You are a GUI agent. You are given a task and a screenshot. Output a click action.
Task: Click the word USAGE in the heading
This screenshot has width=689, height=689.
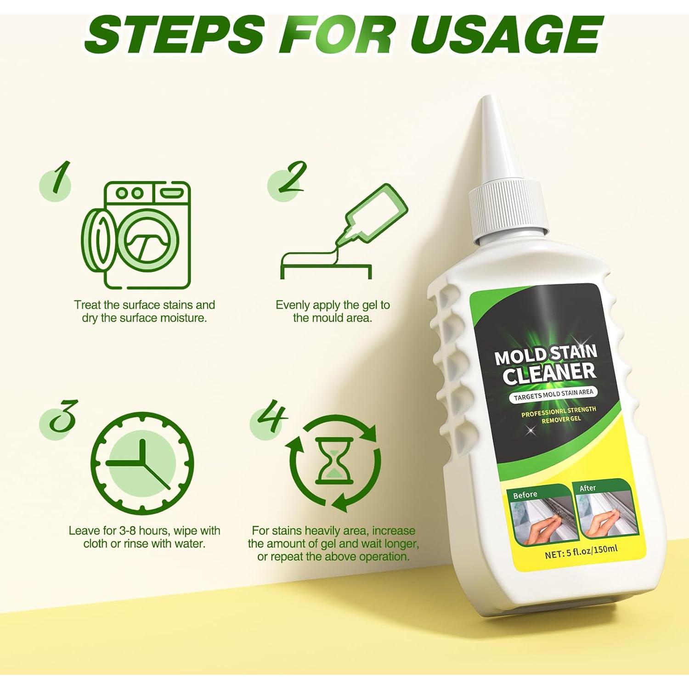pyautogui.click(x=505, y=35)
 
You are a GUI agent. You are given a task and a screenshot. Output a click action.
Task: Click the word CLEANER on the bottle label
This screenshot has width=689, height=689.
pyautogui.click(x=549, y=374)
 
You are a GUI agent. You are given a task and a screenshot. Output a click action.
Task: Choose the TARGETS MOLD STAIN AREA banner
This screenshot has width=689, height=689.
pyautogui.click(x=553, y=394)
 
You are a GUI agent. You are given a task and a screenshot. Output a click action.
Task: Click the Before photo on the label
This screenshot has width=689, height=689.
pyautogui.click(x=540, y=517)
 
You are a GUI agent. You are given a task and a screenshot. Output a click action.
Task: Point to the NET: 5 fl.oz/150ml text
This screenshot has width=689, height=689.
pyautogui.click(x=581, y=552)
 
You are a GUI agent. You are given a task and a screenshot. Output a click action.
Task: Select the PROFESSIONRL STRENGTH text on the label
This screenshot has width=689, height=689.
pyautogui.click(x=559, y=411)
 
